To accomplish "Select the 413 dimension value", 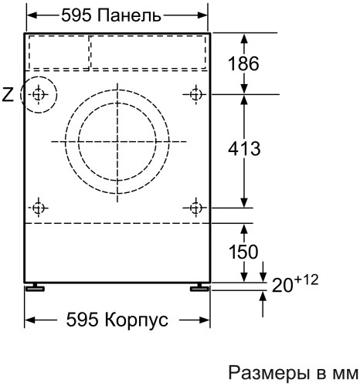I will coord(245,147).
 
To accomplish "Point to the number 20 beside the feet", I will coord(283,286).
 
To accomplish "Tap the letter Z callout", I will coord(8,95).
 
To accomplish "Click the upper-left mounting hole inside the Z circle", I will coord(39,95).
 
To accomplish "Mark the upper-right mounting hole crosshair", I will coord(195,94).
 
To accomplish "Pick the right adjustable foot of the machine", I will coord(199,287).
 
